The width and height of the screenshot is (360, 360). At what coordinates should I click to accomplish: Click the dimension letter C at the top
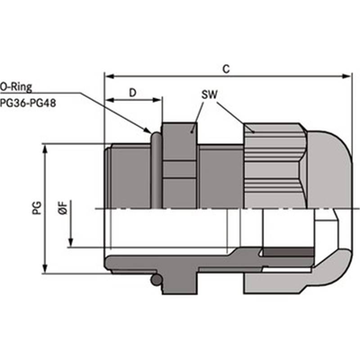pos(226,69)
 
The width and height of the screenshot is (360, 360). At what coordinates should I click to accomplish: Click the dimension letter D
pos(133,93)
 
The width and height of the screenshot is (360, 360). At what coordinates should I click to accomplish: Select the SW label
pos(209,94)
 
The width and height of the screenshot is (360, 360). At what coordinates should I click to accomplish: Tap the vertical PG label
pos(37,208)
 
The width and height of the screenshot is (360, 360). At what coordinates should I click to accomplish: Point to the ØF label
pos(63,208)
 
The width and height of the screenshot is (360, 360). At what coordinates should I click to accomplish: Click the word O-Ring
pos(16,87)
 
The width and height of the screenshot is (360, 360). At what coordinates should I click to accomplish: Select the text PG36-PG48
pos(28,103)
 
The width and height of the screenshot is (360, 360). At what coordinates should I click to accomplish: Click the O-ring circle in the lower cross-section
pos(156,280)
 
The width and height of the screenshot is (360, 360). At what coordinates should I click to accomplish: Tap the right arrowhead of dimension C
pos(346,76)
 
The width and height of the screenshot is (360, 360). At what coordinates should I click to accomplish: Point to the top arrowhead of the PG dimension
pos(45,149)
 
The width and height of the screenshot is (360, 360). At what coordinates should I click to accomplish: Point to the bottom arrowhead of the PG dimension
pos(45,269)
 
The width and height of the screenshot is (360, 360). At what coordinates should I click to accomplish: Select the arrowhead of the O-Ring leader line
pos(148,130)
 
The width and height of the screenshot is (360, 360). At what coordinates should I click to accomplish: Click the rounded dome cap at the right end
pos(329,170)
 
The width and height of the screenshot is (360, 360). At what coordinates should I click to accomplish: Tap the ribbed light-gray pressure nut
pos(275,166)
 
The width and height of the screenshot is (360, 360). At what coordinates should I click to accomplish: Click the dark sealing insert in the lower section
pos(288,252)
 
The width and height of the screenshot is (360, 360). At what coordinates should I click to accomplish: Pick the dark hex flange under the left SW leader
pos(180,166)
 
